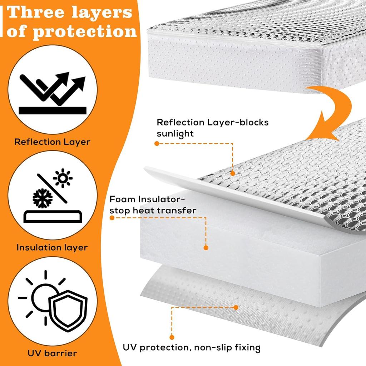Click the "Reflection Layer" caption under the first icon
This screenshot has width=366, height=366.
click(x=52, y=142)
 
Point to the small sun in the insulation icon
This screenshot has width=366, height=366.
click(x=63, y=178)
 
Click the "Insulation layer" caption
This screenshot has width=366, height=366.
click(x=52, y=247)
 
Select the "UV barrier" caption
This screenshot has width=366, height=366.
click(x=52, y=353)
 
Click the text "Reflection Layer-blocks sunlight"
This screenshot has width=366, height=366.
click(x=213, y=128)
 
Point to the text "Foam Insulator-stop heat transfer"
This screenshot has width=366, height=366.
click(x=153, y=204)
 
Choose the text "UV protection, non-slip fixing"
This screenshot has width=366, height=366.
click(x=192, y=347)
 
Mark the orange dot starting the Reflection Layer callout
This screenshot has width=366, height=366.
click(x=157, y=143)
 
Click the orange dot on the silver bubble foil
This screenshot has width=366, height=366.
click(x=233, y=173)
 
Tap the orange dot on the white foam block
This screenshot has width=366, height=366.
click(x=206, y=247)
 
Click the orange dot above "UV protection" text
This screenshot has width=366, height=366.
click(x=172, y=337)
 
